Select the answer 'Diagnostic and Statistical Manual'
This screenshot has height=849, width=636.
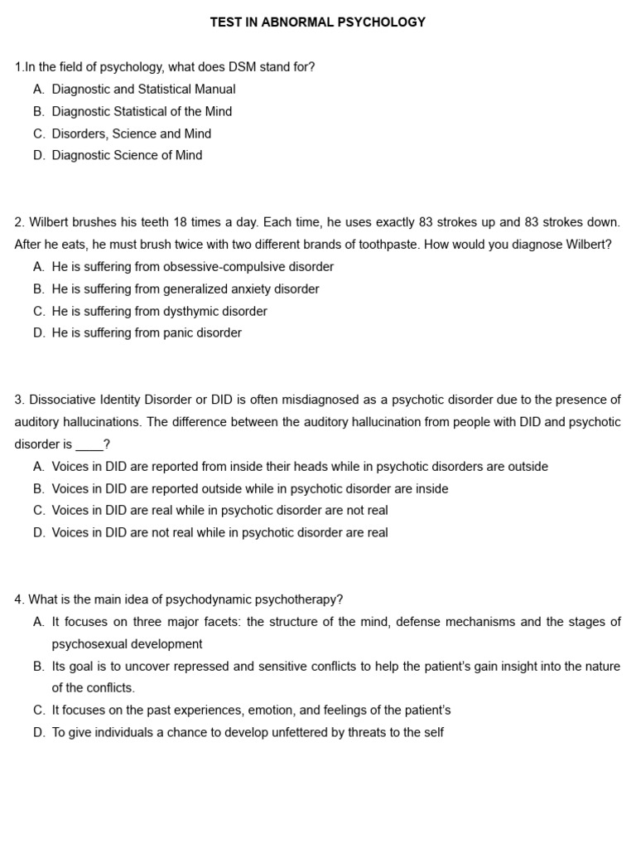click(143, 90)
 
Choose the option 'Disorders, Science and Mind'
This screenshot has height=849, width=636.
click(131, 133)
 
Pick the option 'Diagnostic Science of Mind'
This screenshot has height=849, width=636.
click(127, 155)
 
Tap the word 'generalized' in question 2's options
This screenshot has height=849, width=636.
click(195, 289)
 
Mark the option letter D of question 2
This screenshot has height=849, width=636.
click(39, 333)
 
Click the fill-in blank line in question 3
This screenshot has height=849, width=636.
click(89, 445)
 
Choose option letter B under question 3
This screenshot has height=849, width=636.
click(39, 489)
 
